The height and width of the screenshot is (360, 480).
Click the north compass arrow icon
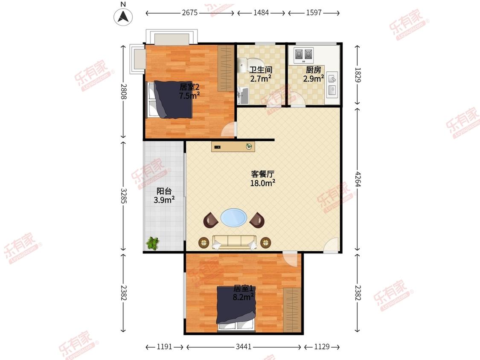point(123,17)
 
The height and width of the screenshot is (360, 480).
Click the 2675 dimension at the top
point(189,13)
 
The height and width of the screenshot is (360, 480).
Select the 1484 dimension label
point(261,13)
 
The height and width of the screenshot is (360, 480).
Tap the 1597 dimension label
point(314,13)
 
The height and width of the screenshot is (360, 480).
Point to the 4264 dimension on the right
point(358,178)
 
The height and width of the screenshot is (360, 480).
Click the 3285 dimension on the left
point(123,195)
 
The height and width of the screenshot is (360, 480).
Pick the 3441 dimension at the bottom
point(243,347)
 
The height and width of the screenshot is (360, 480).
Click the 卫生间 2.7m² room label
point(261,74)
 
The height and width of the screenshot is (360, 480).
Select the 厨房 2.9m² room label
point(313,74)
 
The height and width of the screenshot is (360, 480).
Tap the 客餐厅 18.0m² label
point(262,179)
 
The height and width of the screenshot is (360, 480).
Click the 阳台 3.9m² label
point(164,195)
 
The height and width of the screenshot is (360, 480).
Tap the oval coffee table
point(233,218)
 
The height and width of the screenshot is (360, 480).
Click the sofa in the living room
point(234,242)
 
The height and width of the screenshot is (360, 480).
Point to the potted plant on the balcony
point(152,244)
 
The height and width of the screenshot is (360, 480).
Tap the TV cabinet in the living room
point(233,147)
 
